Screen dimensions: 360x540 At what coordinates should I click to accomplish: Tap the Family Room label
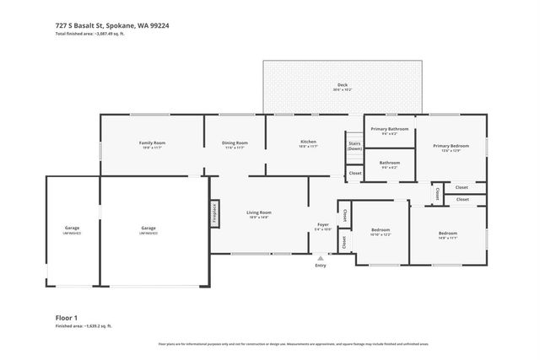(x=152, y=144)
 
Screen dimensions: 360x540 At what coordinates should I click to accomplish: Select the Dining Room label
(x=235, y=144)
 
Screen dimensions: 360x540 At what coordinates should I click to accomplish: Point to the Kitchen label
(x=308, y=142)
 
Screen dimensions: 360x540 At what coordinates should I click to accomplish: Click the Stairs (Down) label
(x=354, y=146)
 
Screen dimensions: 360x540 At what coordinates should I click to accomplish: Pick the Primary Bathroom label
(x=389, y=130)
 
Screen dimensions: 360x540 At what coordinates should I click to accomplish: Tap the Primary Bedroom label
(x=451, y=148)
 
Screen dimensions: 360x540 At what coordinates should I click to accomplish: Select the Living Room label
(x=258, y=213)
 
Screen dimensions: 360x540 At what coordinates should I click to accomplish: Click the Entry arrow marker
(x=321, y=257)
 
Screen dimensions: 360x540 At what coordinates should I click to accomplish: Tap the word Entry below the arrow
(x=321, y=266)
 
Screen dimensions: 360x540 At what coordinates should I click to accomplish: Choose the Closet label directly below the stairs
(x=354, y=174)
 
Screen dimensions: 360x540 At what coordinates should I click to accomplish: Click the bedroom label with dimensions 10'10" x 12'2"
(x=381, y=231)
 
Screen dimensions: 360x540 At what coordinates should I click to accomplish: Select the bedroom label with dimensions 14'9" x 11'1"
(x=447, y=234)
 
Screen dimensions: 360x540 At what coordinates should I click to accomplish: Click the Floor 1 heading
(x=65, y=317)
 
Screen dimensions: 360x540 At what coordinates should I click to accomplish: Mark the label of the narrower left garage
(x=72, y=229)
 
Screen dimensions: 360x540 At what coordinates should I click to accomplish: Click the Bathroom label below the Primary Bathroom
(x=389, y=164)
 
